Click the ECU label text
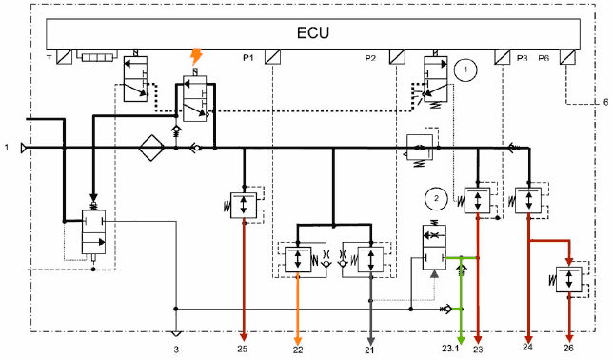click(x=313, y=32)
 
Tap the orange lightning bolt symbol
click(x=196, y=57)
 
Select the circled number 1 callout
click(x=465, y=70)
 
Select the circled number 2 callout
click(x=436, y=198)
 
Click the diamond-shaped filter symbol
click(x=151, y=148)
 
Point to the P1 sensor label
click(x=248, y=58)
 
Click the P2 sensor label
click(x=370, y=58)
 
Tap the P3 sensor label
click(x=522, y=58)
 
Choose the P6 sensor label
click(x=544, y=58)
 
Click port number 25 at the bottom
click(x=243, y=349)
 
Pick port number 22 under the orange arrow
click(x=298, y=350)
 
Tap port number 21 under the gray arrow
click(x=369, y=350)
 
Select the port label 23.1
click(x=450, y=348)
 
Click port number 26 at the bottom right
click(x=569, y=348)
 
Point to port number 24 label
click(x=527, y=347)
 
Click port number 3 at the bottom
click(x=176, y=350)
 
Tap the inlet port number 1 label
click(x=7, y=147)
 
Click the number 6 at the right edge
click(x=605, y=102)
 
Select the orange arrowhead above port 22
click(x=298, y=340)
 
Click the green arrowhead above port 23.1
click(x=461, y=339)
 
